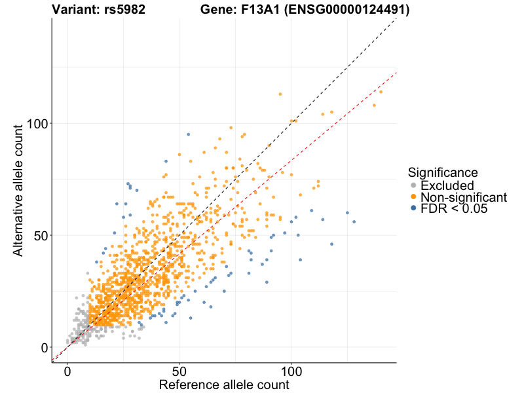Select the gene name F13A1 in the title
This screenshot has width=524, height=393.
coord(250,10)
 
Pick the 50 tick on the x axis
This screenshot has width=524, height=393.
coord(179,371)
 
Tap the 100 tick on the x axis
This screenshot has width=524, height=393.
coord(291,371)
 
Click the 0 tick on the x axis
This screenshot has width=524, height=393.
coord(67,371)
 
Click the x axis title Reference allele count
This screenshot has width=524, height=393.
coord(224,384)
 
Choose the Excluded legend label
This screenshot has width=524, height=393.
coord(447,186)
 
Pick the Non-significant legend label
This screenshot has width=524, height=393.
coord(463,197)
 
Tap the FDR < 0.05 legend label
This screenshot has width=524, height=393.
coord(454,208)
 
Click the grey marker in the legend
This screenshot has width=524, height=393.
coord(413,186)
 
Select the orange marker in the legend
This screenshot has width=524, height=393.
coord(413,197)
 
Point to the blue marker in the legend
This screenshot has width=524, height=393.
coord(413,208)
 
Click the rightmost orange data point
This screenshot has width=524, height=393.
coord(381,92)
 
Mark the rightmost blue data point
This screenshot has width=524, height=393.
coord(354,222)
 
